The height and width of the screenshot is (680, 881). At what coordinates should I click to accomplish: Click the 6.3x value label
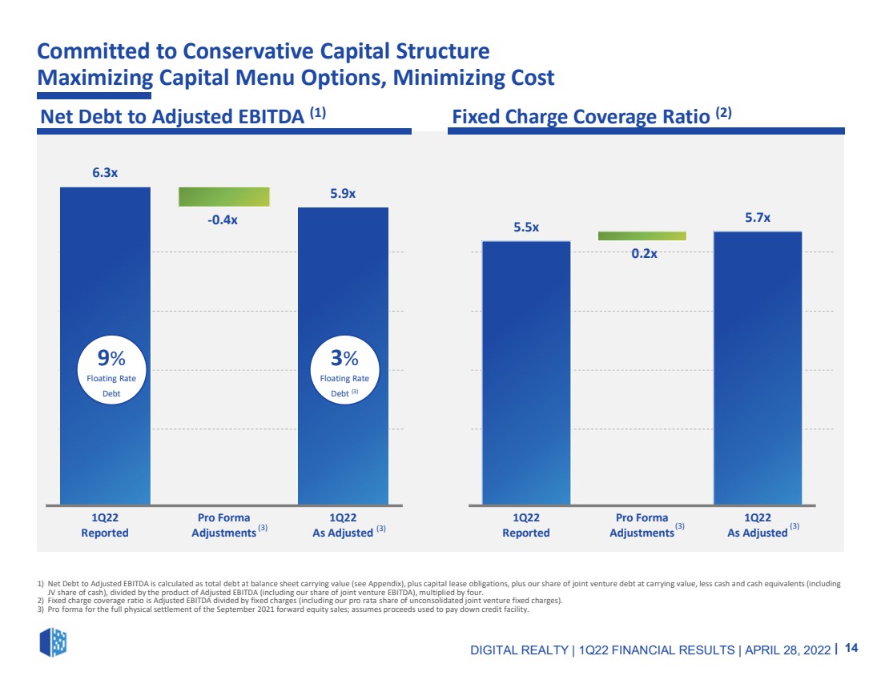(105, 172)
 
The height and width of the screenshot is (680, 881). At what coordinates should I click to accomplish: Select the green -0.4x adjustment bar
(224, 197)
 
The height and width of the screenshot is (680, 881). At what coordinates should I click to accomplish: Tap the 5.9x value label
(343, 193)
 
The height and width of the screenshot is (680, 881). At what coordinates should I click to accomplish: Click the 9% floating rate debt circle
(111, 370)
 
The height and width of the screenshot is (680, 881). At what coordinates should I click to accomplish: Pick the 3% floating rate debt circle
(344, 370)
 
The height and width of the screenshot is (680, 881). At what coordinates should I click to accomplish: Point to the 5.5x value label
(526, 227)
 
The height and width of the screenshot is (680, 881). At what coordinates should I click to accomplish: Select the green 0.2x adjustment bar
(642, 236)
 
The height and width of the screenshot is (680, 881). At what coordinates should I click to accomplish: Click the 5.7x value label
(758, 218)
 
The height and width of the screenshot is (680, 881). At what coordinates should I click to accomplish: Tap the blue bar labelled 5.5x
(526, 373)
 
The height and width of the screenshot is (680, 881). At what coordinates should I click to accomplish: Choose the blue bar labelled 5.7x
(758, 368)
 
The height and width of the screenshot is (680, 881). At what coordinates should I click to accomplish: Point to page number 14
(851, 648)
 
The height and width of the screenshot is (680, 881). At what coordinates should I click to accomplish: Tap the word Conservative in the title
(248, 50)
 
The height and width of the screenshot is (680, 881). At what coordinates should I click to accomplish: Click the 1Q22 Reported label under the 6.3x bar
(105, 525)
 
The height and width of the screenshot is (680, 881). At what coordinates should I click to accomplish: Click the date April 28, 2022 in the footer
(788, 650)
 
